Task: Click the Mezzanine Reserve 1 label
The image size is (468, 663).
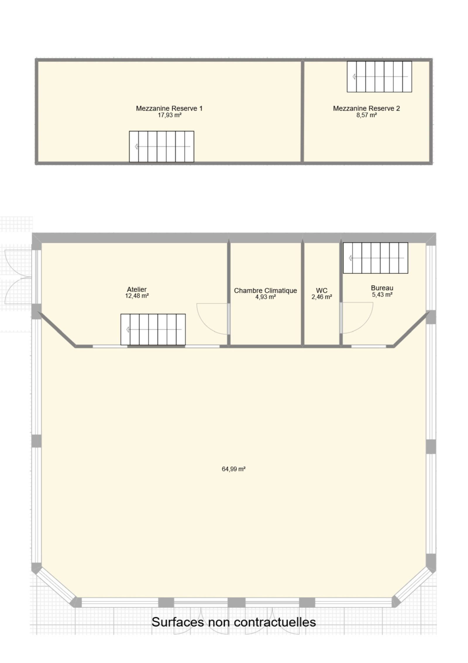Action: [169, 108]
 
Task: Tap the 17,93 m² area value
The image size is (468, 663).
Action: [170, 115]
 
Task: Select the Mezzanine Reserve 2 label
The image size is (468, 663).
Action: [366, 108]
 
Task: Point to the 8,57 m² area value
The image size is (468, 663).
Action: [367, 115]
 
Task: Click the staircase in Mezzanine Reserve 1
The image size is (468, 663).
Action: [161, 146]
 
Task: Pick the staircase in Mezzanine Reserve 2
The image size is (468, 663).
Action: [379, 77]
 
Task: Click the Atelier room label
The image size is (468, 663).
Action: [137, 289]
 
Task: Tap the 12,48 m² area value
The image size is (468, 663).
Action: [137, 296]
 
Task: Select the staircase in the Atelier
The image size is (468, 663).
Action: [153, 330]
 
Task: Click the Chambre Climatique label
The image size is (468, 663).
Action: [265, 291]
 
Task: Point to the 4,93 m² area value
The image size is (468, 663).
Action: [266, 297]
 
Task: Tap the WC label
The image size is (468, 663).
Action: [322, 291]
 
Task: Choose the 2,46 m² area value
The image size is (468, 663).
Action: [322, 297]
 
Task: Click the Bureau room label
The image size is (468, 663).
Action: [382, 288]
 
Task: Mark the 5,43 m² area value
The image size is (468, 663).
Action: [382, 294]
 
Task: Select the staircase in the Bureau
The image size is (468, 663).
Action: [376, 258]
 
